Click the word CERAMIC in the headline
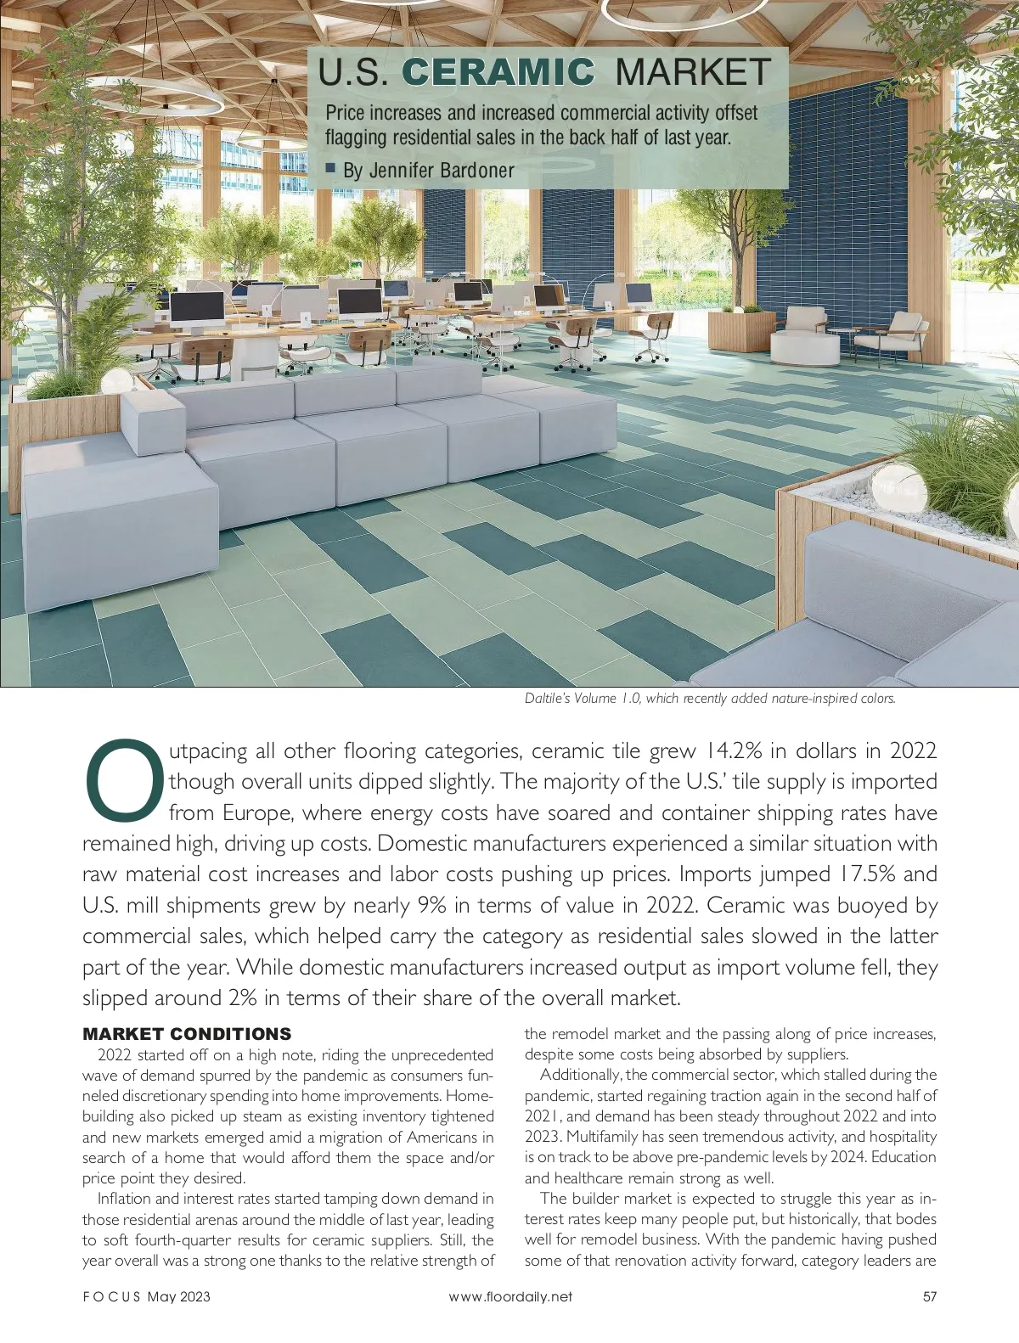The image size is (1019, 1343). click(498, 72)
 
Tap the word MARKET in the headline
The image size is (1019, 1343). click(693, 72)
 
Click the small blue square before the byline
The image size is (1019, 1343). click(331, 168)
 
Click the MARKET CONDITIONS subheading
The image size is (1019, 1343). click(187, 1034)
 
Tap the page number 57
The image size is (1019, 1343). click(929, 1296)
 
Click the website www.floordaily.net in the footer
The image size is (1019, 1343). click(510, 1296)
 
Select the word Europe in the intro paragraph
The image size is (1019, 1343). click(257, 813)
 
